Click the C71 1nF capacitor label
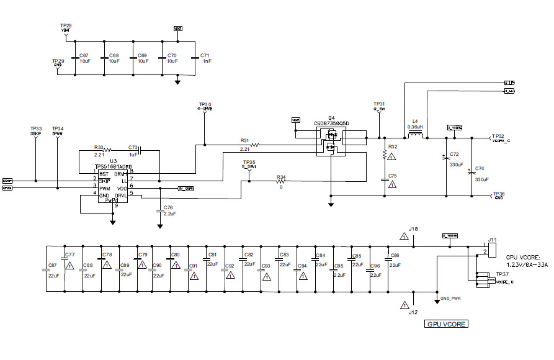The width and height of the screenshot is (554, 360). point(205,56)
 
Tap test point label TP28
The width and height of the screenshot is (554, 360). point(67,25)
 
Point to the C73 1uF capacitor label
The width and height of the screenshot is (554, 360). point(133,148)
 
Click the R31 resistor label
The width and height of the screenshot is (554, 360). point(244,140)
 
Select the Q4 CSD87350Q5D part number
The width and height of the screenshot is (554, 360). point(331,124)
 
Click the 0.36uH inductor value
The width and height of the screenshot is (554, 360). point(415,127)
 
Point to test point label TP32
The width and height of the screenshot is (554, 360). point(498,135)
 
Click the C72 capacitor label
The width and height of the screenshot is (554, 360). point(454,153)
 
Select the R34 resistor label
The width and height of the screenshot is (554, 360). point(281,177)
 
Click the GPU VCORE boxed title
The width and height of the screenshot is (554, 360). point(445,324)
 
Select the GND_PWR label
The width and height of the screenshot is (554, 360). point(450,299)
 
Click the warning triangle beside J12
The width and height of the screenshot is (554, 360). point(404,304)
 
